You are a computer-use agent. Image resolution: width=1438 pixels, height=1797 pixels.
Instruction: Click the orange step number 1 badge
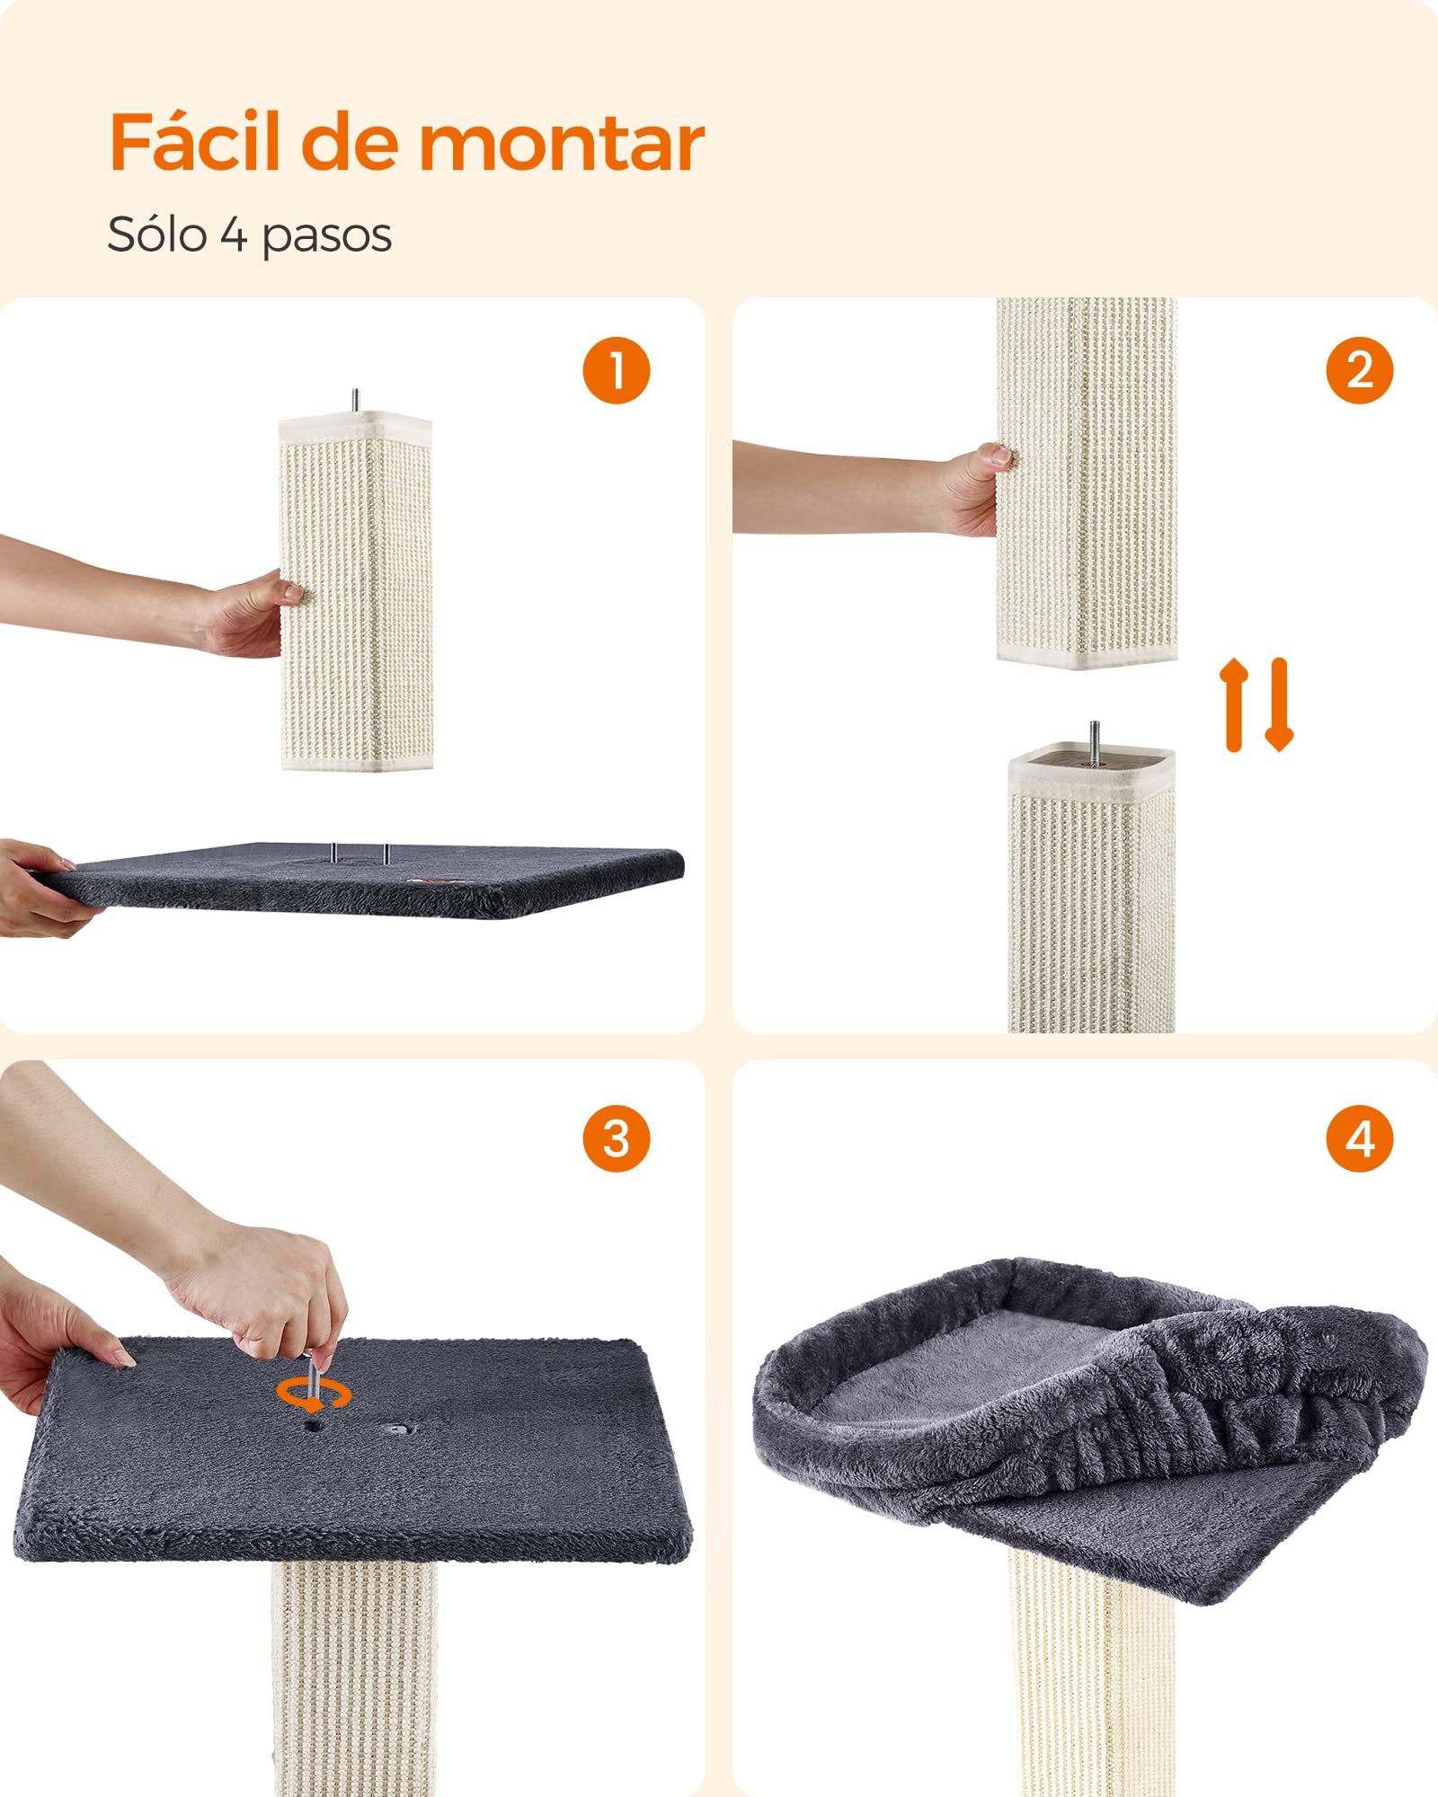tap(617, 370)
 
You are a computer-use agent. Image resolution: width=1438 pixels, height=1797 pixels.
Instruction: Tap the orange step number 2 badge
tap(1360, 370)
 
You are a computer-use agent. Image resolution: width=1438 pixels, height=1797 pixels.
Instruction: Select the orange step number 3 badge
tap(617, 1138)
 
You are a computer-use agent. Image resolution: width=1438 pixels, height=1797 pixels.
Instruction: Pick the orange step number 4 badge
tap(1360, 1138)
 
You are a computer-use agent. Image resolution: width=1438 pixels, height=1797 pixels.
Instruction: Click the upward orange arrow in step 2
tap(1234, 705)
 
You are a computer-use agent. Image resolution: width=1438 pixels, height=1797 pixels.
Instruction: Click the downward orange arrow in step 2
tap(1279, 705)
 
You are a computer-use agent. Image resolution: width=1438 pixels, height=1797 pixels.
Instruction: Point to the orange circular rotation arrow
tap(313, 1394)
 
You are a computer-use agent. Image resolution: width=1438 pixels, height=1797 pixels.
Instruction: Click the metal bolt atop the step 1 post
tap(356, 401)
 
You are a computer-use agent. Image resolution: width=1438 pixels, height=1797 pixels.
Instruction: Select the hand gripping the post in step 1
tap(247, 615)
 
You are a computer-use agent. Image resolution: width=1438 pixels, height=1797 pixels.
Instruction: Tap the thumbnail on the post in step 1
tap(290, 591)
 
